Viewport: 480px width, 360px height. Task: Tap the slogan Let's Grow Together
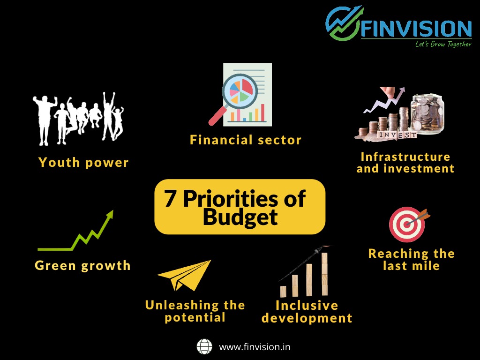click(x=443, y=44)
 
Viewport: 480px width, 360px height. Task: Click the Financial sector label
click(x=246, y=140)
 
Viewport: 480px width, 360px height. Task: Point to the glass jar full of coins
click(x=427, y=114)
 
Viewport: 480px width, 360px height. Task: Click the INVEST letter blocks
click(x=397, y=135)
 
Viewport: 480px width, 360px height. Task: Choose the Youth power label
click(x=83, y=162)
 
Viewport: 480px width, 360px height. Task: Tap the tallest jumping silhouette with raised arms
click(x=108, y=116)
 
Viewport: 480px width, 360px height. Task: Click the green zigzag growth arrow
click(x=75, y=231)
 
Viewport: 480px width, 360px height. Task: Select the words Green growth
click(x=82, y=265)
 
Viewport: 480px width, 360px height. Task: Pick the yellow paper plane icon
click(x=185, y=275)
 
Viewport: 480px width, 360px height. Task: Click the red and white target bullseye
click(x=407, y=225)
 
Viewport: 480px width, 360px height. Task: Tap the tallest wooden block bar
click(x=324, y=274)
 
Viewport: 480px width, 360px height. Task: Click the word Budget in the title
click(x=240, y=217)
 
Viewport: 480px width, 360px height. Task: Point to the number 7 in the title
click(x=170, y=198)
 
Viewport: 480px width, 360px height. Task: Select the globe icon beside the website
click(x=204, y=346)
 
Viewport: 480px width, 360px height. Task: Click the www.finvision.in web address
click(x=255, y=347)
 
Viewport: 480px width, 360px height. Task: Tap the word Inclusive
click(x=307, y=305)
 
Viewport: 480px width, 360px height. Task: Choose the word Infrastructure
click(x=405, y=157)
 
